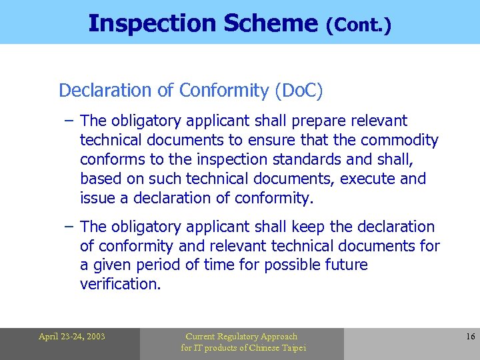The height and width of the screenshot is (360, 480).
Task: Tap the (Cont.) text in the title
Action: point(358,25)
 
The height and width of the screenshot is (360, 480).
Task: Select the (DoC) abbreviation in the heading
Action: point(298,91)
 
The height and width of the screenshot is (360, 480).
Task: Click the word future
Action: point(343,265)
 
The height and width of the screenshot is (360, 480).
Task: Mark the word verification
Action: point(120,285)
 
